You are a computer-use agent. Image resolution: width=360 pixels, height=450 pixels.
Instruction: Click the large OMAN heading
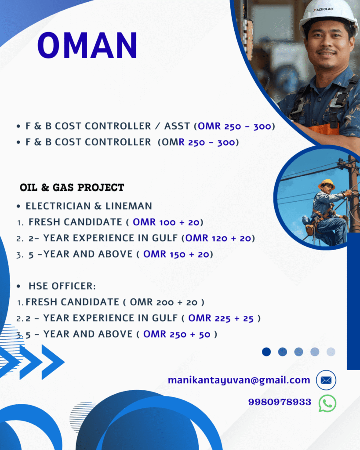click(x=87, y=45)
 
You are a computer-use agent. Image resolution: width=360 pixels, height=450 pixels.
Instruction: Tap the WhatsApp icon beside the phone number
click(x=327, y=403)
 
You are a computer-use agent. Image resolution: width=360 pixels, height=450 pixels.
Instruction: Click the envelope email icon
click(x=326, y=380)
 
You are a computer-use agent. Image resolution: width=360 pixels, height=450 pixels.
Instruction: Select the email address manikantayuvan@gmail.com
click(x=239, y=380)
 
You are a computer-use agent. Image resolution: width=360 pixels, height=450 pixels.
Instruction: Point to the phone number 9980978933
click(x=280, y=402)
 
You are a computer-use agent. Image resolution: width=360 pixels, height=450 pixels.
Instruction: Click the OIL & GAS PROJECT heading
click(x=72, y=188)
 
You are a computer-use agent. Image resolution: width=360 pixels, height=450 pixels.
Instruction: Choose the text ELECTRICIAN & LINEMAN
click(x=89, y=206)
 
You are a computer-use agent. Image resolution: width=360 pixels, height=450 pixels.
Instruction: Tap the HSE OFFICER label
click(x=62, y=286)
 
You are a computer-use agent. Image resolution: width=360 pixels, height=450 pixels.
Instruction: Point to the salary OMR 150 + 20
click(x=178, y=254)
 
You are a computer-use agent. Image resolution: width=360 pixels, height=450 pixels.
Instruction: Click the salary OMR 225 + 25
click(x=221, y=318)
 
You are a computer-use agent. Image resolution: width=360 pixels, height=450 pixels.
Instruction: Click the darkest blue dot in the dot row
click(x=266, y=352)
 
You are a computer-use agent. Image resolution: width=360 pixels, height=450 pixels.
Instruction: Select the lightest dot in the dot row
click(x=331, y=352)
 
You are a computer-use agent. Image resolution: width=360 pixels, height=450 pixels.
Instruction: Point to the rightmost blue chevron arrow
click(x=53, y=362)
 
